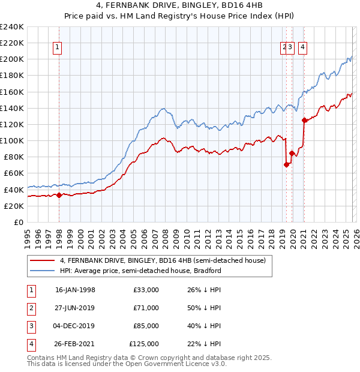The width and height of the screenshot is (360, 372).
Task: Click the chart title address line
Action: (180, 7)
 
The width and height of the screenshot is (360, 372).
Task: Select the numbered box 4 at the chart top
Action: (303, 48)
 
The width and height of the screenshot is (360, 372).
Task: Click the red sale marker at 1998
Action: (59, 195)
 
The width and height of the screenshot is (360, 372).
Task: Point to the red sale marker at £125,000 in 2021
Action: (304, 120)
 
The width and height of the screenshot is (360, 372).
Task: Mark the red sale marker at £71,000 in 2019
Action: (286, 164)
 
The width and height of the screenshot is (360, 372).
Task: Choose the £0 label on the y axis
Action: (18, 222)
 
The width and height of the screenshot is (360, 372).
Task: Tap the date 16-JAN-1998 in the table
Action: (75, 290)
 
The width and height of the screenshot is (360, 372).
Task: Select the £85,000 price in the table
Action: (146, 326)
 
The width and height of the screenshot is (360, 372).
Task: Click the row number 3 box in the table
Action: (30, 326)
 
